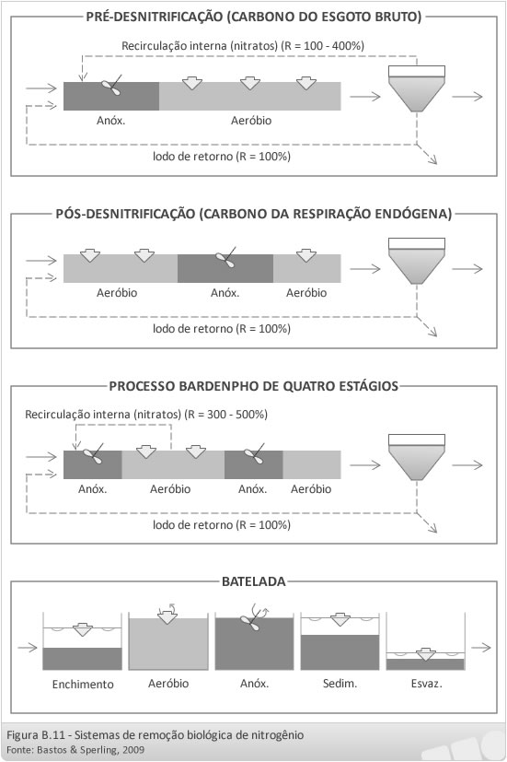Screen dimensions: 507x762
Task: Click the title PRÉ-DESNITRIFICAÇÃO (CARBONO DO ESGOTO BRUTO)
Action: tap(254, 17)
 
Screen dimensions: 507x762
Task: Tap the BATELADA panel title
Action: tap(254, 581)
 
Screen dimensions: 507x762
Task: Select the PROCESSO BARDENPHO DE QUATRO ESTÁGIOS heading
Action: tap(254, 386)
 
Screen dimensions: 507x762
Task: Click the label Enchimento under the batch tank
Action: tap(83, 685)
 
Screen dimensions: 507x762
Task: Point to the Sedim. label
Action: tap(340, 684)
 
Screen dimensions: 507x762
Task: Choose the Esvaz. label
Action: tap(426, 684)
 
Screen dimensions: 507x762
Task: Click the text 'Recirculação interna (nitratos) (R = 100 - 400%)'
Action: tap(243, 46)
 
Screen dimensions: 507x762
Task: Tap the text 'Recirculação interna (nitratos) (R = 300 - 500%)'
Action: tap(146, 415)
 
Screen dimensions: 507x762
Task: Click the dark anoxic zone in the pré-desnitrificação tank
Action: tap(111, 96)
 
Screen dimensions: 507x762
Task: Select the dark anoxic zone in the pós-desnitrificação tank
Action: tap(225, 268)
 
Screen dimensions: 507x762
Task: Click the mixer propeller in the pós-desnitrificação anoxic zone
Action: tap(225, 258)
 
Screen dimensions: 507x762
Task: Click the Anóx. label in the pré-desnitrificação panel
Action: tap(110, 121)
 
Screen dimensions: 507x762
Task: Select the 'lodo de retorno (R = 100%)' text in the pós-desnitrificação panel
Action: tap(222, 329)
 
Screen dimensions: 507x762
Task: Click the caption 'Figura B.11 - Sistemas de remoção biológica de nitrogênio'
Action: tap(156, 734)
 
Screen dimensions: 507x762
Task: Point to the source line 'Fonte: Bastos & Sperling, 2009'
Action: tap(75, 750)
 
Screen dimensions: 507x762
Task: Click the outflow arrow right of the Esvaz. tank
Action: tap(481, 648)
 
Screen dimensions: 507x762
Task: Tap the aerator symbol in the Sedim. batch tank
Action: tap(340, 620)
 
